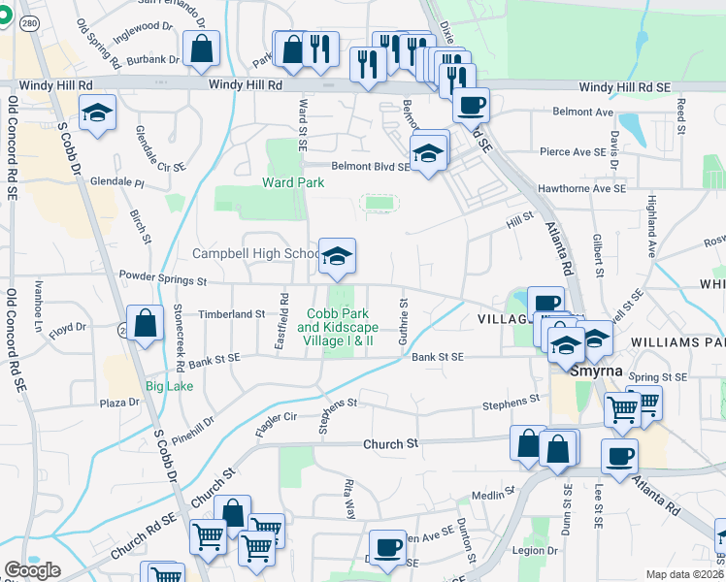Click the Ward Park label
click(x=286, y=182)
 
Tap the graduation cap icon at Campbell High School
click(x=338, y=256)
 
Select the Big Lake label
click(x=169, y=385)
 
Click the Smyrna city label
click(x=576, y=371)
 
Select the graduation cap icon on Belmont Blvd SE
click(x=427, y=153)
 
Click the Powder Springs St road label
click(x=162, y=281)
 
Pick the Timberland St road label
click(x=232, y=314)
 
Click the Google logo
click(x=32, y=570)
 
